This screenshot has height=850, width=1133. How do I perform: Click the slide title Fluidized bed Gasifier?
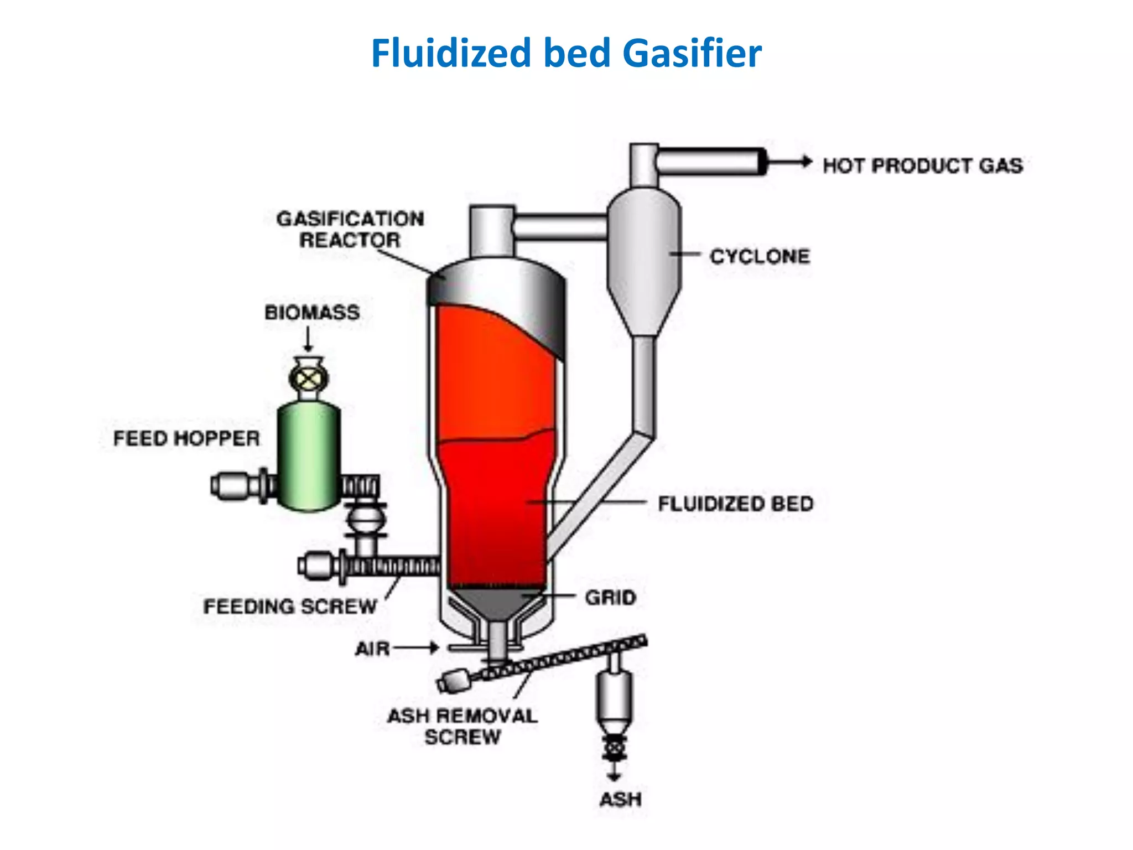[566, 53]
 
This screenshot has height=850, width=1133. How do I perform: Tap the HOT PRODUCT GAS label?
[922, 165]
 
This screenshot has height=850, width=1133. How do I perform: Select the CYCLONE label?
[760, 256]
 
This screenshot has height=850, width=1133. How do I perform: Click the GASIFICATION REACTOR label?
[350, 229]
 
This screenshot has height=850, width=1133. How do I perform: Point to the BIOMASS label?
[312, 313]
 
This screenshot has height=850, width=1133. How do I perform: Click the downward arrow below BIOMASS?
[309, 339]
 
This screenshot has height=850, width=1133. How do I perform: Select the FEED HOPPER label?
[186, 438]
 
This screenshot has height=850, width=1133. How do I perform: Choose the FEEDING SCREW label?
[290, 607]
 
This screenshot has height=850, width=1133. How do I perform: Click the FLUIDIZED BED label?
[735, 504]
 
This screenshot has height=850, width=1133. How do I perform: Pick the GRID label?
[611, 598]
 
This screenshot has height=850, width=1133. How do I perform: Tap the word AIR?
[372, 648]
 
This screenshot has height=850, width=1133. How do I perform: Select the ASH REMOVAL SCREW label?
[462, 726]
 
